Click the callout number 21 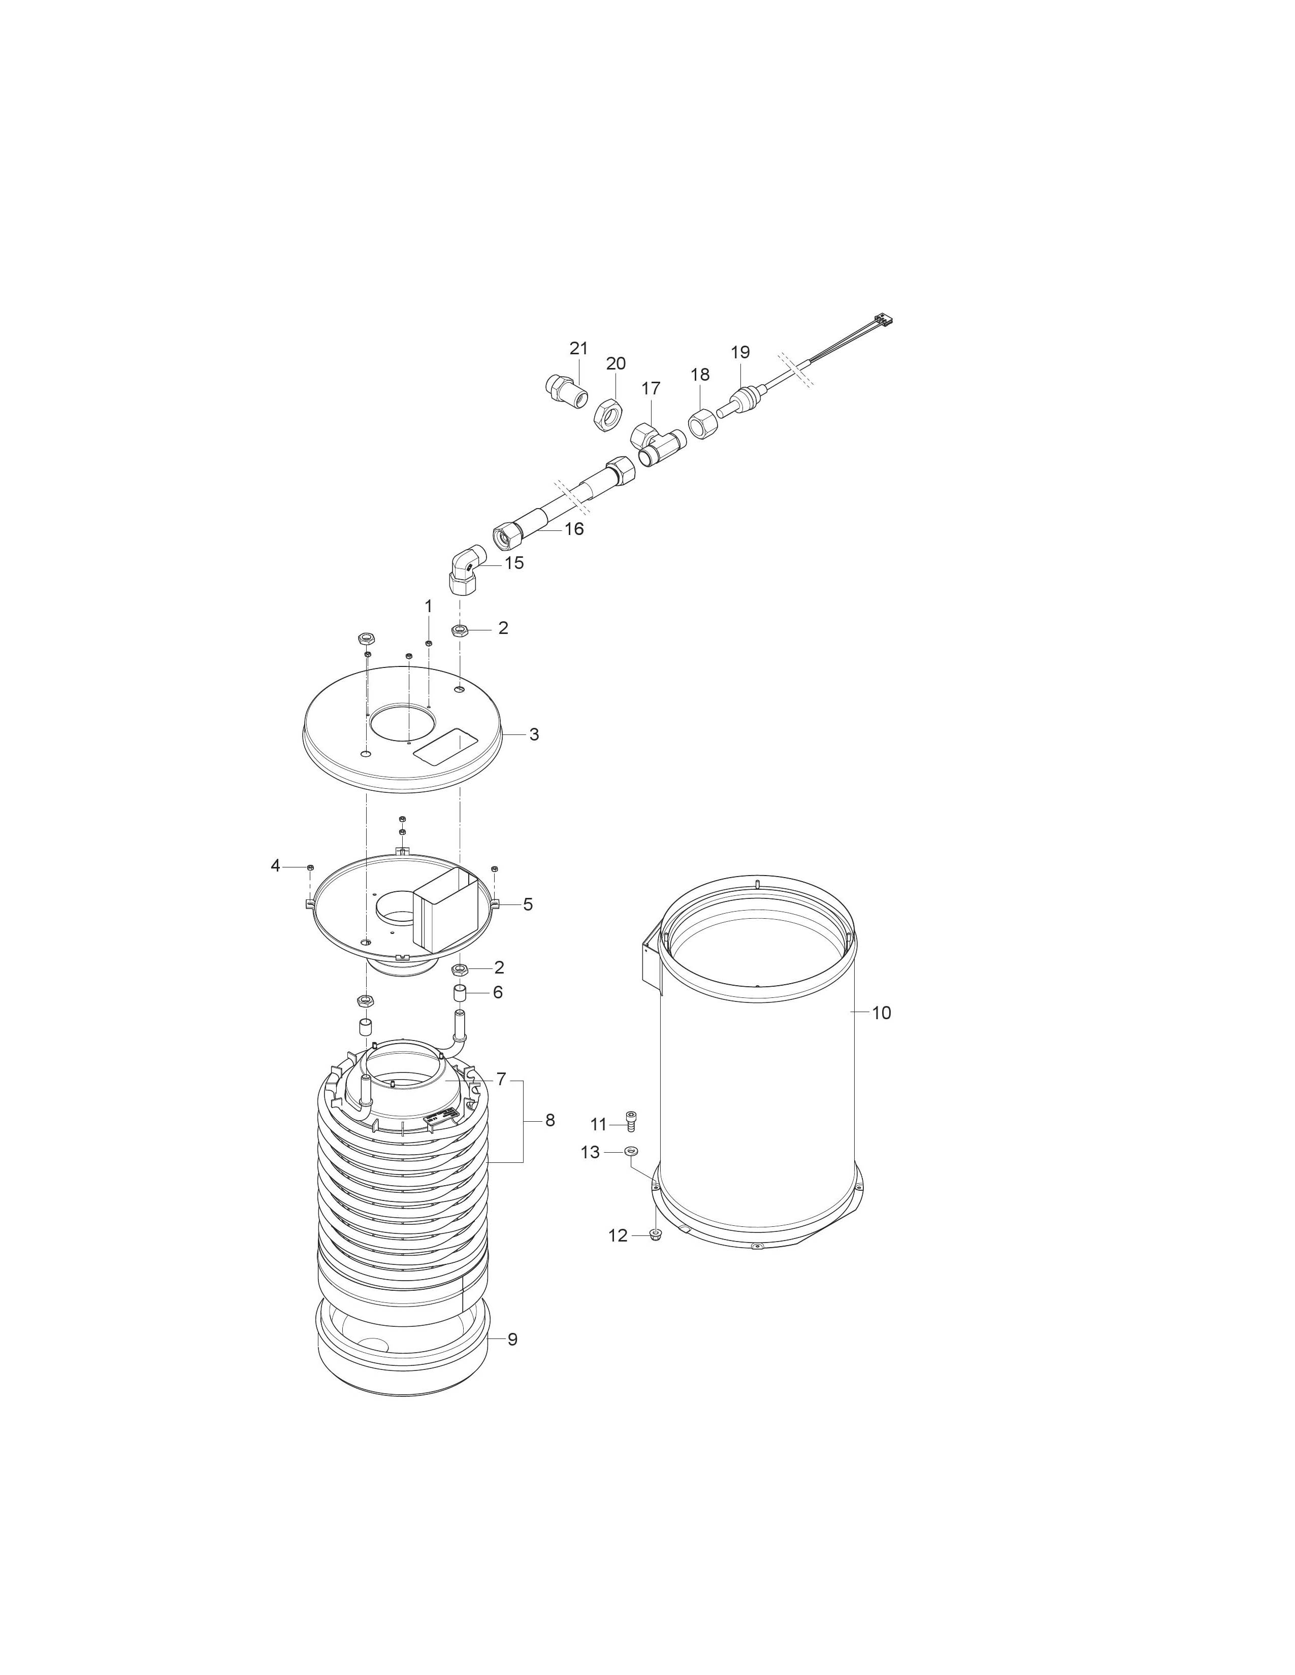click(x=578, y=348)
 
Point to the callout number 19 click(x=740, y=353)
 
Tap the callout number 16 click(x=574, y=528)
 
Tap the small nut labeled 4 click(x=310, y=866)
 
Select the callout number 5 click(x=528, y=904)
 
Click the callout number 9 click(x=512, y=1339)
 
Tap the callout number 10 click(x=882, y=1013)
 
